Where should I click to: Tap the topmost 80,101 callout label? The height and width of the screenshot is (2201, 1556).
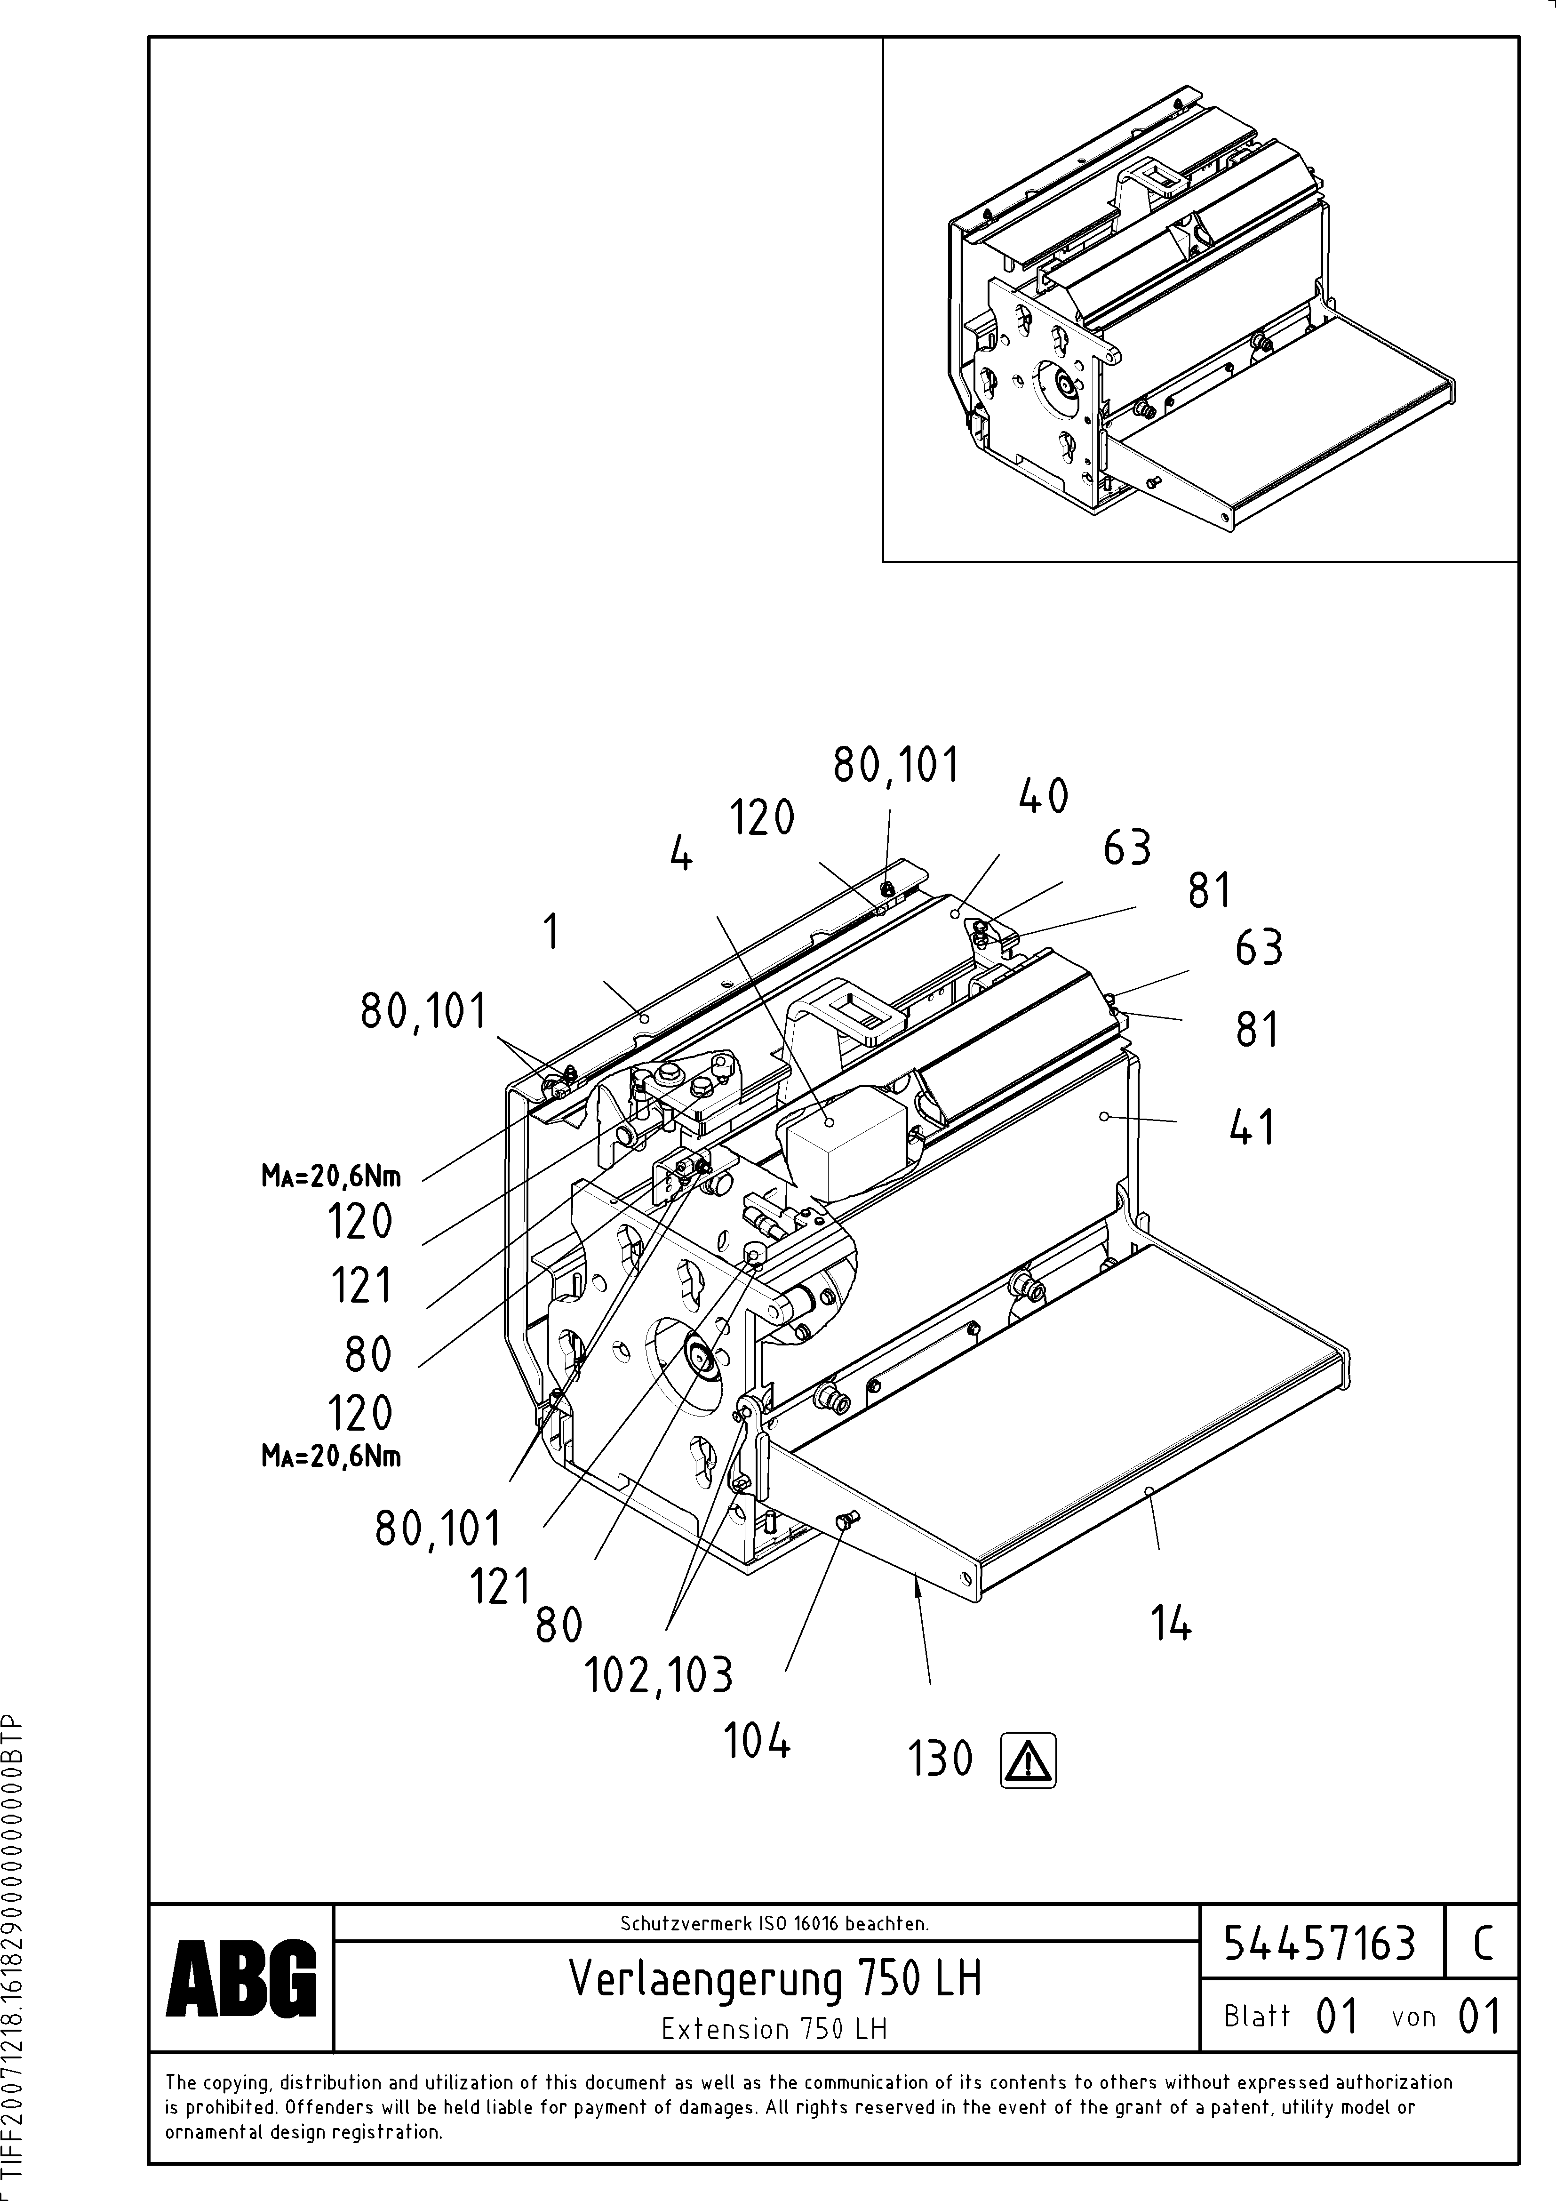[895, 766]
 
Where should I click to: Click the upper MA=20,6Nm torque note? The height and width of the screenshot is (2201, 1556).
[331, 1175]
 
